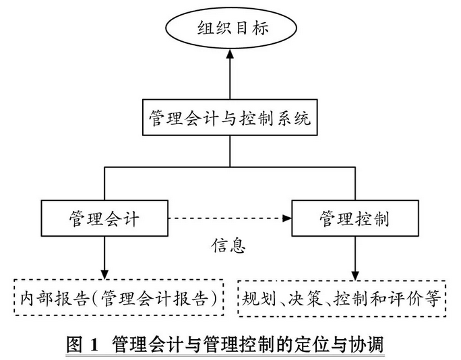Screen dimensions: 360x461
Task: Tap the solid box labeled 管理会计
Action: coord(104,218)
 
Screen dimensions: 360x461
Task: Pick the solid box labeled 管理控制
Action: coord(355,218)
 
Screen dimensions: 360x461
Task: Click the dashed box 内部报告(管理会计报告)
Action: coord(118,298)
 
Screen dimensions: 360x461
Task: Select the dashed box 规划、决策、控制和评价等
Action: coord(342,298)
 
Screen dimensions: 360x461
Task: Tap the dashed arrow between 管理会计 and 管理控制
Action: coord(229,218)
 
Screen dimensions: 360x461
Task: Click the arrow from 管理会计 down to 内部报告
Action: coord(104,256)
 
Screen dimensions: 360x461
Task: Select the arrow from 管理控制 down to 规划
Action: coord(355,256)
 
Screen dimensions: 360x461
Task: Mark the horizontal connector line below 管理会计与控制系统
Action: coord(229,167)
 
